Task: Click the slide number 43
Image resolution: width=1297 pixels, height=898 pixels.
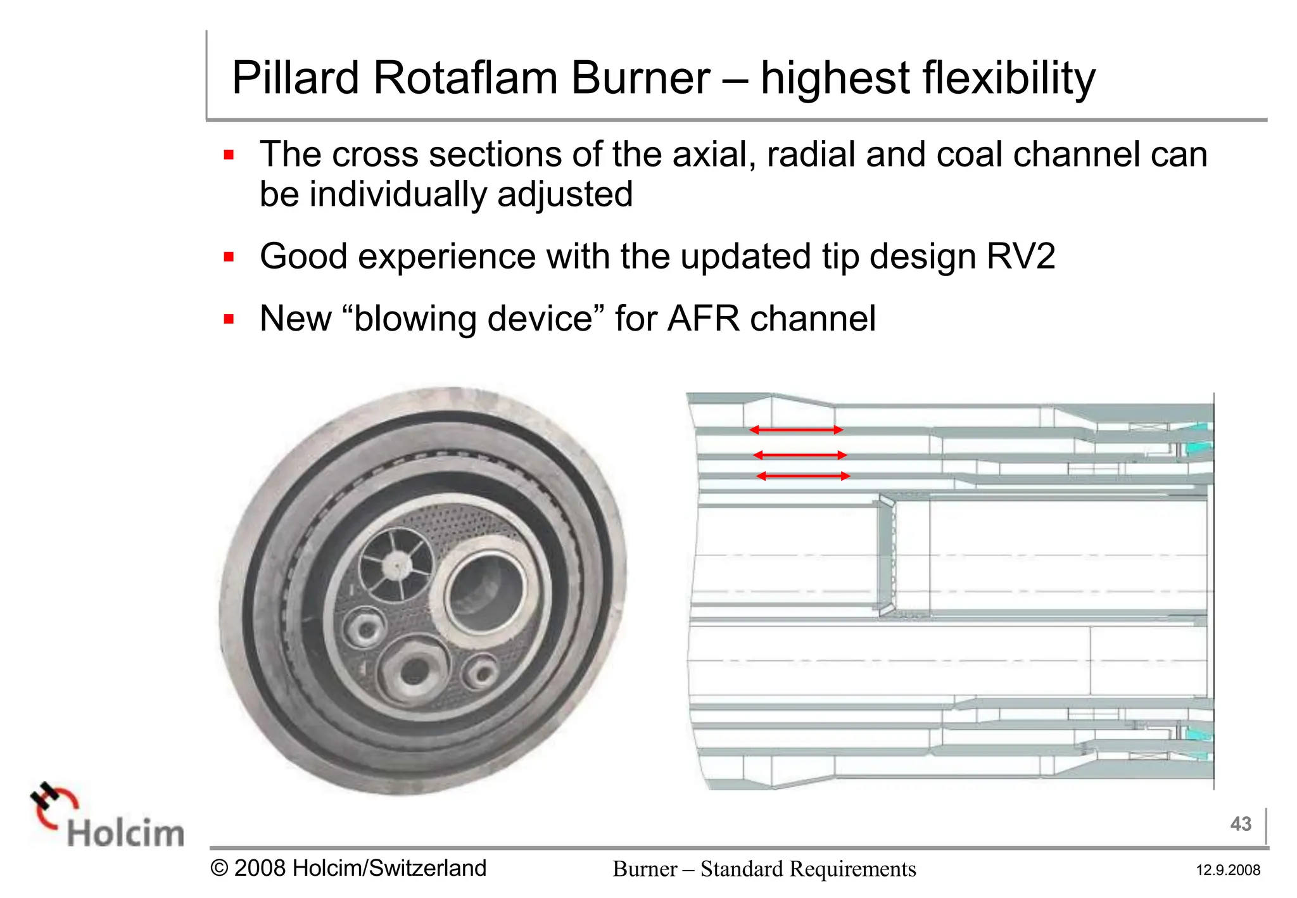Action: tap(1240, 824)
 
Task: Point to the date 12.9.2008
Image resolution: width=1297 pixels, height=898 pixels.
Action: tap(1227, 870)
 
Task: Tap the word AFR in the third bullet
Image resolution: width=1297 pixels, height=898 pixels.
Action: tap(702, 319)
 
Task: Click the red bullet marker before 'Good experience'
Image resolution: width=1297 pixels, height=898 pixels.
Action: tap(229, 257)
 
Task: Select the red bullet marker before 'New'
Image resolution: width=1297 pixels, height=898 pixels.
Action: tap(229, 319)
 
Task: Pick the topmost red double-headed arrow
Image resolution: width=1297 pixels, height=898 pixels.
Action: tap(796, 430)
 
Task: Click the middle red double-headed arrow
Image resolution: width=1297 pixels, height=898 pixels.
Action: tap(800, 455)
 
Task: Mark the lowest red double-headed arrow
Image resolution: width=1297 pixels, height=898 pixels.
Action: tap(803, 476)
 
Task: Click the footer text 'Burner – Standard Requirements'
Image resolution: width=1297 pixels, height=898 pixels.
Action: tap(764, 869)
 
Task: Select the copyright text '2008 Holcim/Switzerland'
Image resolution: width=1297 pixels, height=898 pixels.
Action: tap(359, 868)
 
